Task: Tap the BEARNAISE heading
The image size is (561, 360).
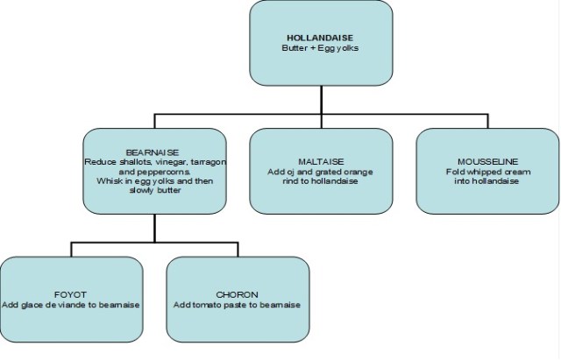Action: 154,152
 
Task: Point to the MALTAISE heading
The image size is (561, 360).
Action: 320,161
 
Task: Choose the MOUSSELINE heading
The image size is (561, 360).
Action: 487,161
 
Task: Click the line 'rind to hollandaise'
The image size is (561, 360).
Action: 320,181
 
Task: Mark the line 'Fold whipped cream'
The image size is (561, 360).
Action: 487,172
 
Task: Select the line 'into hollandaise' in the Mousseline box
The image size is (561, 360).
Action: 487,181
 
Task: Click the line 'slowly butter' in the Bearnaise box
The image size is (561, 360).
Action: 154,191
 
